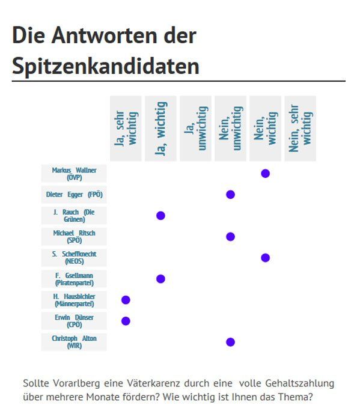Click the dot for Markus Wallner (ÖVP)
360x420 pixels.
click(x=265, y=174)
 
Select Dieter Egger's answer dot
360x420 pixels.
click(x=230, y=195)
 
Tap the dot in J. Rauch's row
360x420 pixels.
click(x=160, y=216)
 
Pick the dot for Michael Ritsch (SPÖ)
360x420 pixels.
click(x=230, y=237)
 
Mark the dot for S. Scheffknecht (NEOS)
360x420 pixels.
click(x=265, y=258)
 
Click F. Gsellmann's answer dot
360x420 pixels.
click(x=160, y=279)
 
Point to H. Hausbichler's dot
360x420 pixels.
click(x=126, y=300)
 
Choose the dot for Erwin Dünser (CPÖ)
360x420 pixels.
click(x=126, y=321)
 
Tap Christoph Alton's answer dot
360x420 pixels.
click(x=230, y=342)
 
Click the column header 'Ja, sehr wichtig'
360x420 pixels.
click(x=126, y=129)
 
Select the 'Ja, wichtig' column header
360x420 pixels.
click(x=160, y=129)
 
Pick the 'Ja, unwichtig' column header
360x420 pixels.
click(x=195, y=129)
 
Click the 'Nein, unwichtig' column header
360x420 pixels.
click(x=230, y=129)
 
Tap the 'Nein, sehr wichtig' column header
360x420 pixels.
click(x=301, y=129)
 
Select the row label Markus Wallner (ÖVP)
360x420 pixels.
click(x=74, y=174)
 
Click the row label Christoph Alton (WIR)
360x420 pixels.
click(x=74, y=342)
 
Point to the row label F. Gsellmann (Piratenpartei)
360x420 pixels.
click(x=74, y=279)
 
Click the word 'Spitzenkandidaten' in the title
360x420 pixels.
click(x=106, y=66)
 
